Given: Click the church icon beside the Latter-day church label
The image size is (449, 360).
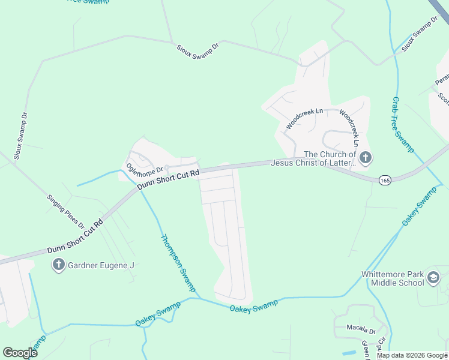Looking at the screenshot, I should [x=366, y=158].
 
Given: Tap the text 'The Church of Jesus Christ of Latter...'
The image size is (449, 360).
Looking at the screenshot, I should [x=313, y=158].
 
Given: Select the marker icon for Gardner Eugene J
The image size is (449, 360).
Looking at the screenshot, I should [x=59, y=265].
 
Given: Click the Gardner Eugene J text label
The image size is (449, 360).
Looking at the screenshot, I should [x=101, y=265].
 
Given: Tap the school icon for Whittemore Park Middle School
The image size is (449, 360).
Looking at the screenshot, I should [x=433, y=278].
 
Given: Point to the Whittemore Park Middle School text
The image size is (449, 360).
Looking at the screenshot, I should [x=393, y=279].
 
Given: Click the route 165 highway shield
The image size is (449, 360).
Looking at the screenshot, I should [x=385, y=180].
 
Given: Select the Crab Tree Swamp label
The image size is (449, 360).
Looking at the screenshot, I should [x=403, y=125].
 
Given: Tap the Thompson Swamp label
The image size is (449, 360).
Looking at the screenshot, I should [x=178, y=263].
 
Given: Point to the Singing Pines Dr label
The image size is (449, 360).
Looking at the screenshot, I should [x=65, y=211].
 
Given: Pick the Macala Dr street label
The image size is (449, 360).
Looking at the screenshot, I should [x=361, y=330].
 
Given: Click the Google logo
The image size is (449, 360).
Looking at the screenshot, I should [x=20, y=353].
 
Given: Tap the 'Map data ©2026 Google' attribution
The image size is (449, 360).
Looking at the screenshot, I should [x=412, y=355].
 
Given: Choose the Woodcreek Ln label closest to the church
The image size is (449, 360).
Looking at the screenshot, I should [x=349, y=128].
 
